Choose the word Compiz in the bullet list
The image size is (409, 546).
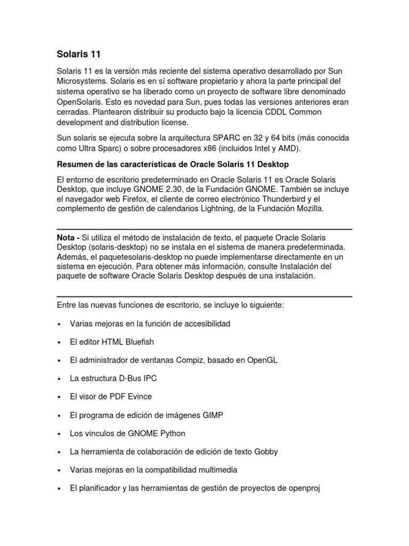click(x=193, y=360)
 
